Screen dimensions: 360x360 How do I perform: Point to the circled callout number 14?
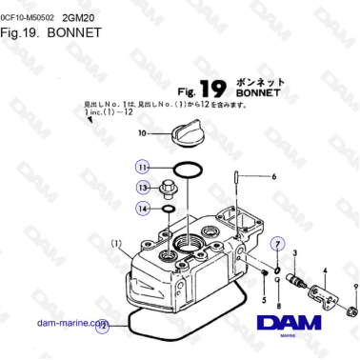tap(143, 208)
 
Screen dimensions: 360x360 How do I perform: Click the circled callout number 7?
tap(277, 244)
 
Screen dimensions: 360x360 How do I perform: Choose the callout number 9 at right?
tap(354, 286)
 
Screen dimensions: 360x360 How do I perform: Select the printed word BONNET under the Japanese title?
tap(253, 94)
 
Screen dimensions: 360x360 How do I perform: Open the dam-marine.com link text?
tap(70, 323)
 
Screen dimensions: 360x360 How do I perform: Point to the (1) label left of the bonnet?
tap(115, 242)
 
